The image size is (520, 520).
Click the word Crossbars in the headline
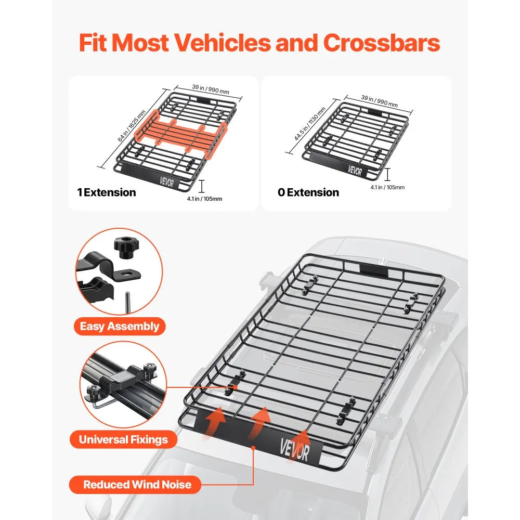[381, 44]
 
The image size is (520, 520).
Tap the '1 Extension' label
[107, 192]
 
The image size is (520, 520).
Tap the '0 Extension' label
[308, 192]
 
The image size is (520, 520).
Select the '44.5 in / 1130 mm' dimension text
[309, 124]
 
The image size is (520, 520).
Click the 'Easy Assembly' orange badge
[120, 327]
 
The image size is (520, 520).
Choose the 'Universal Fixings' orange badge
[123, 439]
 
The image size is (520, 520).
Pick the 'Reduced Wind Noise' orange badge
[137, 485]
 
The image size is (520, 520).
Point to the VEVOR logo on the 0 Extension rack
[355, 171]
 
